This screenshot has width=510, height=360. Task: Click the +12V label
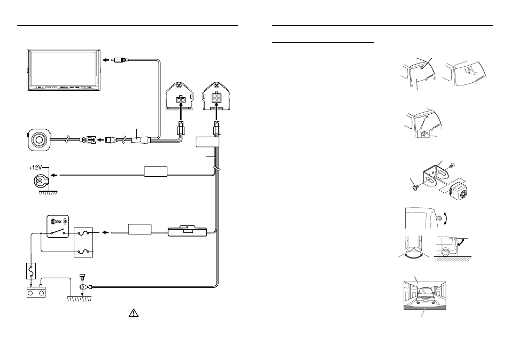click(x=35, y=168)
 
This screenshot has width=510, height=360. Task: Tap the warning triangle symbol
click(x=134, y=313)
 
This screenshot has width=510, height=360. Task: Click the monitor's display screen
click(x=64, y=68)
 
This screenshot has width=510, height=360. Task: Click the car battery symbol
click(x=36, y=291)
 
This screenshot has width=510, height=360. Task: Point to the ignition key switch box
click(x=58, y=226)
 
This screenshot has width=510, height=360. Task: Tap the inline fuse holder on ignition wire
click(x=187, y=231)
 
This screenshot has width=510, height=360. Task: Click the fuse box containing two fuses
click(x=83, y=242)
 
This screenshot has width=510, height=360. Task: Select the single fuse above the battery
click(x=31, y=271)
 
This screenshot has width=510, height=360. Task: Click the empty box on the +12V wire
click(x=156, y=171)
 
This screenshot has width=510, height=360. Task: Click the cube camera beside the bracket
click(x=459, y=192)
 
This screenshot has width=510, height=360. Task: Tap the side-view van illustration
click(x=447, y=246)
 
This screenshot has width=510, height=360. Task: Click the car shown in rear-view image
click(x=425, y=296)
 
